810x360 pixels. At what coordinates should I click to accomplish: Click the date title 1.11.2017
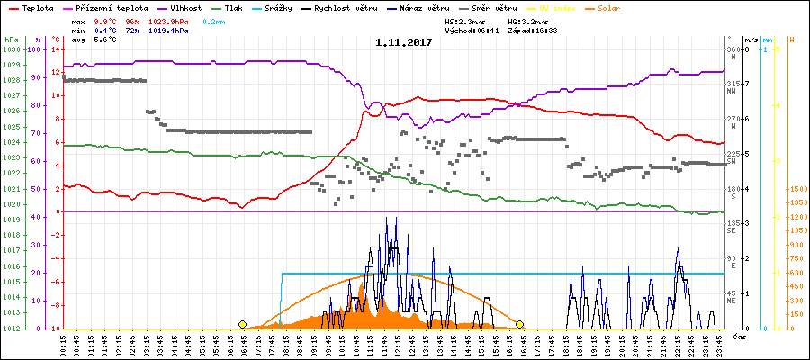[404, 41]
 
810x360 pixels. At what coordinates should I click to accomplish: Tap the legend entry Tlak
[243, 7]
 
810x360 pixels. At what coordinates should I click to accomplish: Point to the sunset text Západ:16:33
[532, 31]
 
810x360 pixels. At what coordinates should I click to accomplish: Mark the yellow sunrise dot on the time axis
[242, 324]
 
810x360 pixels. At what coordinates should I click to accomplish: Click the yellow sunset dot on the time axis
[519, 324]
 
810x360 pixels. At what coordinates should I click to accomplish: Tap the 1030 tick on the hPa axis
[12, 49]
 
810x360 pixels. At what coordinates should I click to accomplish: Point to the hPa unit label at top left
[11, 40]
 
